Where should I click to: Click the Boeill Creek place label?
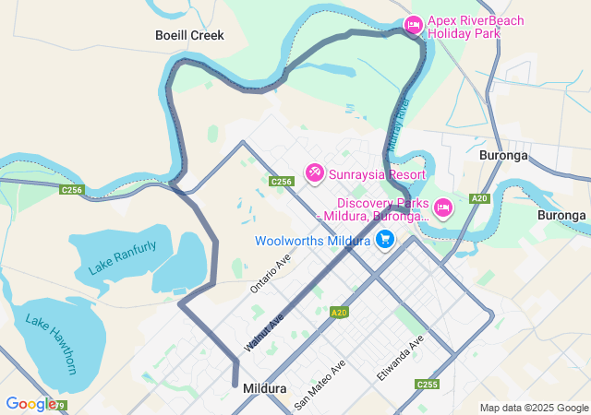[x=189, y=35]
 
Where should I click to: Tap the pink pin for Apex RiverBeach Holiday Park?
[x=414, y=24]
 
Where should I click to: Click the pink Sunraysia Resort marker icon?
[x=315, y=172]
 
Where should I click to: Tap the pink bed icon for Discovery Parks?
[x=442, y=207]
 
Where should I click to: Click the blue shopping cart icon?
[x=385, y=241]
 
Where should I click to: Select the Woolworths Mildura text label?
[x=312, y=242]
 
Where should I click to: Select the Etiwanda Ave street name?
[x=400, y=359]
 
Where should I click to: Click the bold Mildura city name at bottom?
[x=264, y=389]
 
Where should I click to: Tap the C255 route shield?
[x=428, y=385]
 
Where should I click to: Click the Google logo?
[x=30, y=403]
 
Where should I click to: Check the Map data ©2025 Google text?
[x=534, y=408]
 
